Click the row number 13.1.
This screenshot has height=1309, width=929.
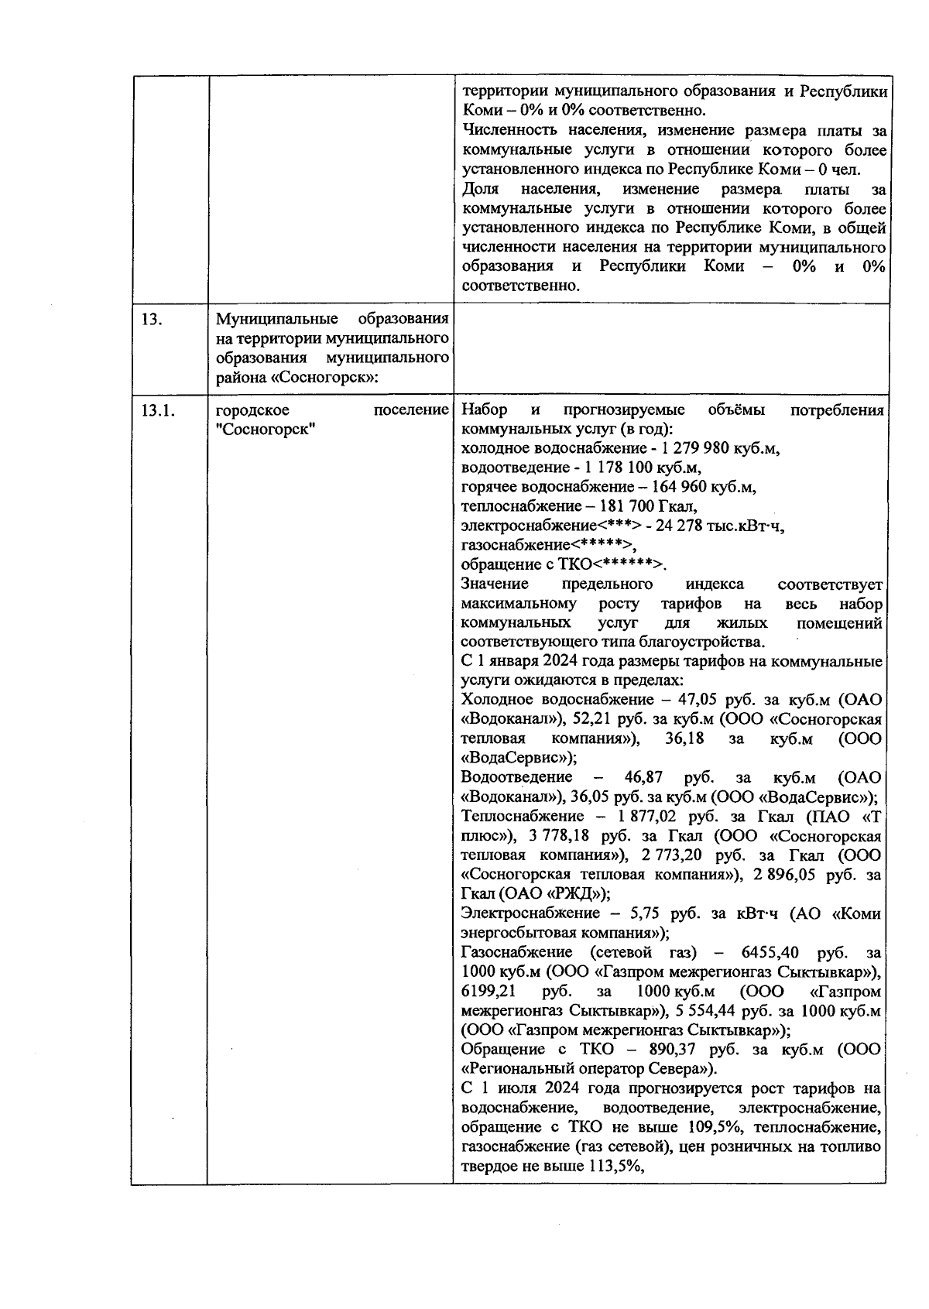click(157, 411)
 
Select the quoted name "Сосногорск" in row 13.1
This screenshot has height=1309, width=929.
click(266, 430)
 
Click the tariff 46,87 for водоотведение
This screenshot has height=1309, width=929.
click(646, 777)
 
